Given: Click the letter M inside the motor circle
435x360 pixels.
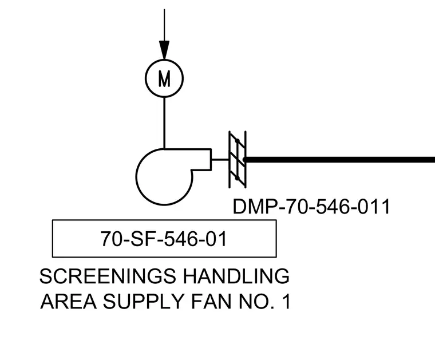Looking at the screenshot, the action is coord(164,78).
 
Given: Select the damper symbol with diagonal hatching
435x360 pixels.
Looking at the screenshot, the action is coord(238,160).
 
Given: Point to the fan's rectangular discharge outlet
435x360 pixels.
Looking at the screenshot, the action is coord(201,160).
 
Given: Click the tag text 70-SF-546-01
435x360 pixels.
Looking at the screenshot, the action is coord(164,239).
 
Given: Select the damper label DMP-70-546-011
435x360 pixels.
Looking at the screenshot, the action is coord(311,207).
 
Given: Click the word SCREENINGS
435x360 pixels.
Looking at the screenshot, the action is coord(108,276).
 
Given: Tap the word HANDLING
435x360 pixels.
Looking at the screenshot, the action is coord(236,276).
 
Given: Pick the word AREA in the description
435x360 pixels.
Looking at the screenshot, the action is coord(69,302).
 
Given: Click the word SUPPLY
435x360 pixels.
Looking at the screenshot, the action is coord(144,302).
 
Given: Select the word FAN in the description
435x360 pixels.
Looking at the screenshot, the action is coord(211,302).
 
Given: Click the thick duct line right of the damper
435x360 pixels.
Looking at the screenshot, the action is coord(340,160).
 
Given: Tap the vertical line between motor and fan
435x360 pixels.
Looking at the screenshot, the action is coord(164,123).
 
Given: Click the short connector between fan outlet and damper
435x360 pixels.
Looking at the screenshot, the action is coord(220,160).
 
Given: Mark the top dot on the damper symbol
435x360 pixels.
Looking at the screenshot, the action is coord(237,141).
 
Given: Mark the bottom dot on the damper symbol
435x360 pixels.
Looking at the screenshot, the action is coord(237,178).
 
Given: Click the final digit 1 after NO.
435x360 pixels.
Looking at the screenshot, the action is coord(287,302).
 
